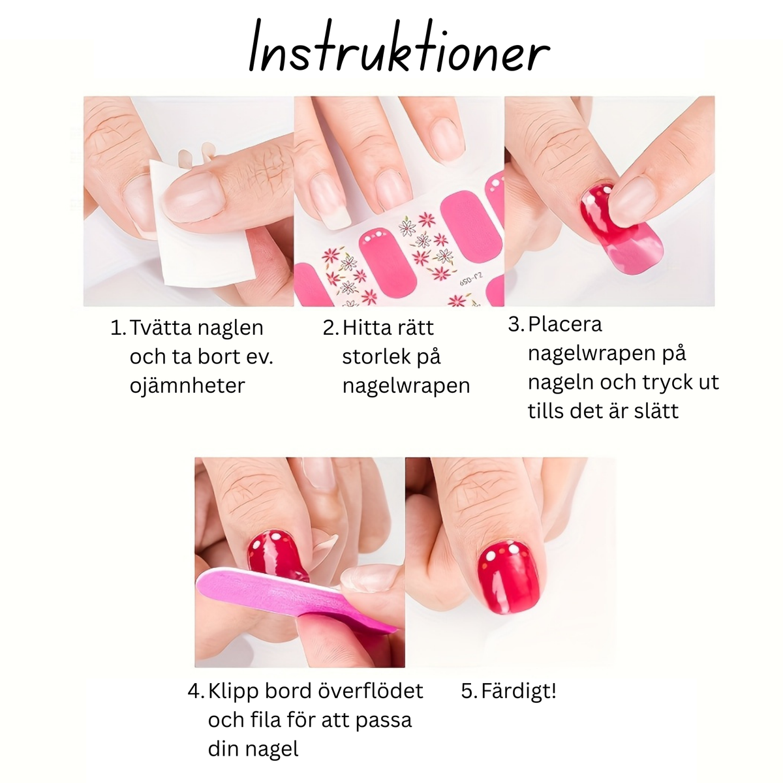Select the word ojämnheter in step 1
pos(187,385)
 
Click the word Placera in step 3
pos(565,324)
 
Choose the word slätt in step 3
pos(650,410)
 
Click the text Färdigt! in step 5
pos(519,690)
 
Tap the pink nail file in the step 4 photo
pos(287,597)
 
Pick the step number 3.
pos(515,324)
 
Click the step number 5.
pos(468,690)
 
